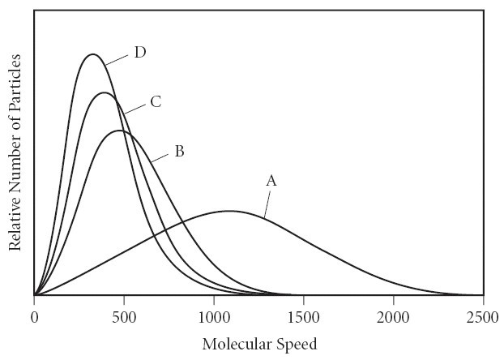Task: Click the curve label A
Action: (271, 182)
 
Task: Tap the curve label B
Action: (179, 151)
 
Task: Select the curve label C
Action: (156, 102)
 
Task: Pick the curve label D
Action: (139, 53)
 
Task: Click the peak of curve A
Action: (230, 211)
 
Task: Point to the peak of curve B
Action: (119, 131)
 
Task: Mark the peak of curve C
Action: (104, 92)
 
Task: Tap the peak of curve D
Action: (93, 54)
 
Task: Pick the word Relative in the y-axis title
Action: (15, 224)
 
